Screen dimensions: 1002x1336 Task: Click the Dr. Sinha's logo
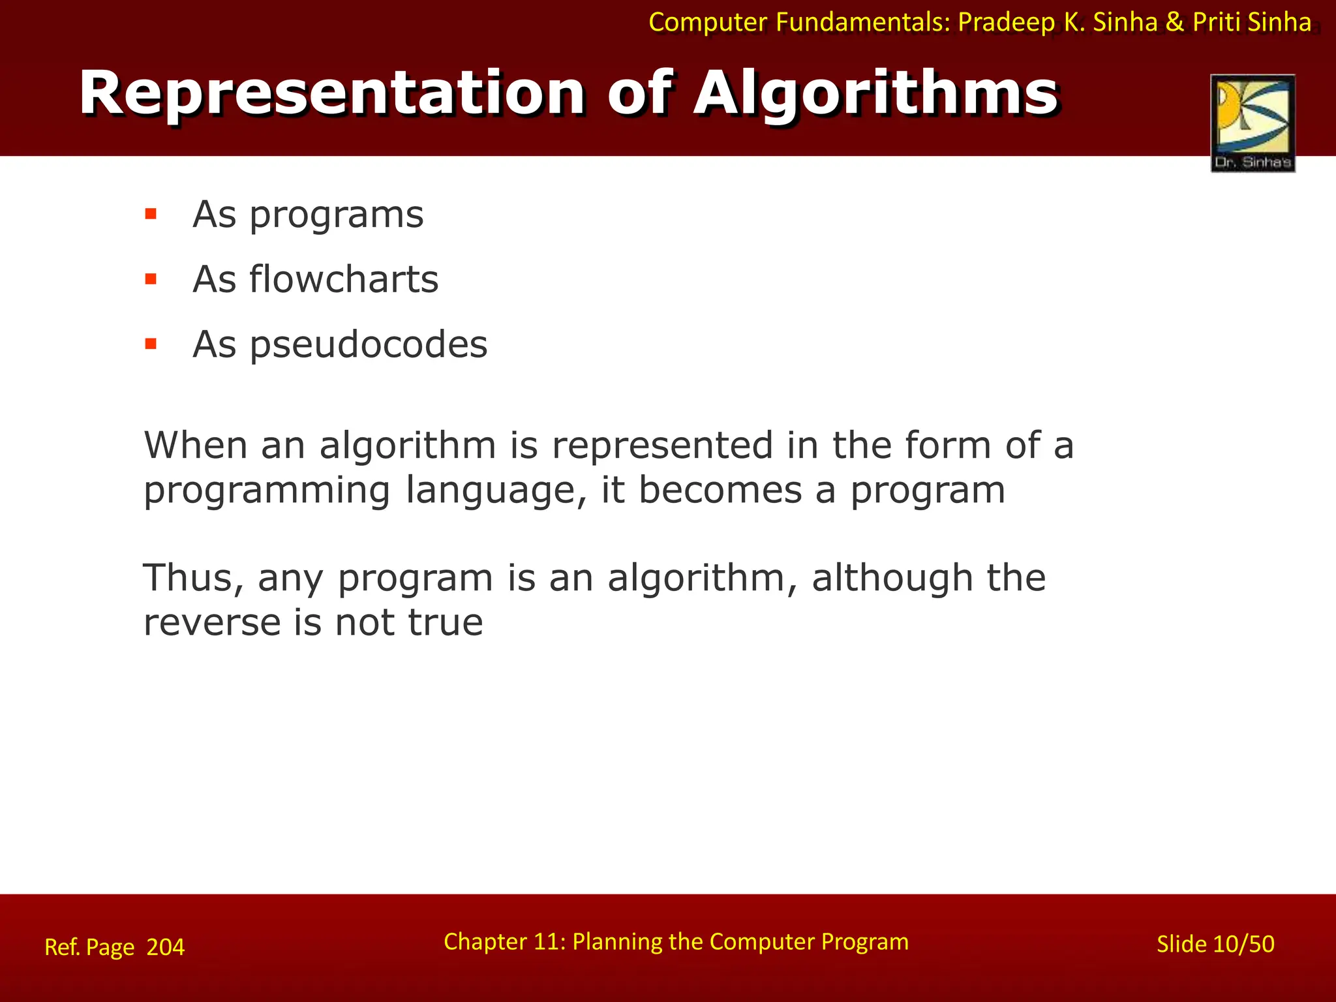[1252, 123]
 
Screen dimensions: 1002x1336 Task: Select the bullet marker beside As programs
[151, 214]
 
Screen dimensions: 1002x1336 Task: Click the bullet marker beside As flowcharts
[151, 279]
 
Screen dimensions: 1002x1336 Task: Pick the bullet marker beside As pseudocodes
[151, 344]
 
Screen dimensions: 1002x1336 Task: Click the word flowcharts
[344, 279]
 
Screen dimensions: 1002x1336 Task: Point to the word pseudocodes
[369, 344]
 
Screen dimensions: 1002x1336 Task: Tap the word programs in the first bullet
[337, 215]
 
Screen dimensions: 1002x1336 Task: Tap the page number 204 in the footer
[166, 947]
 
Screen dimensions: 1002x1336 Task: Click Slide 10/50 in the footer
[1215, 944]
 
